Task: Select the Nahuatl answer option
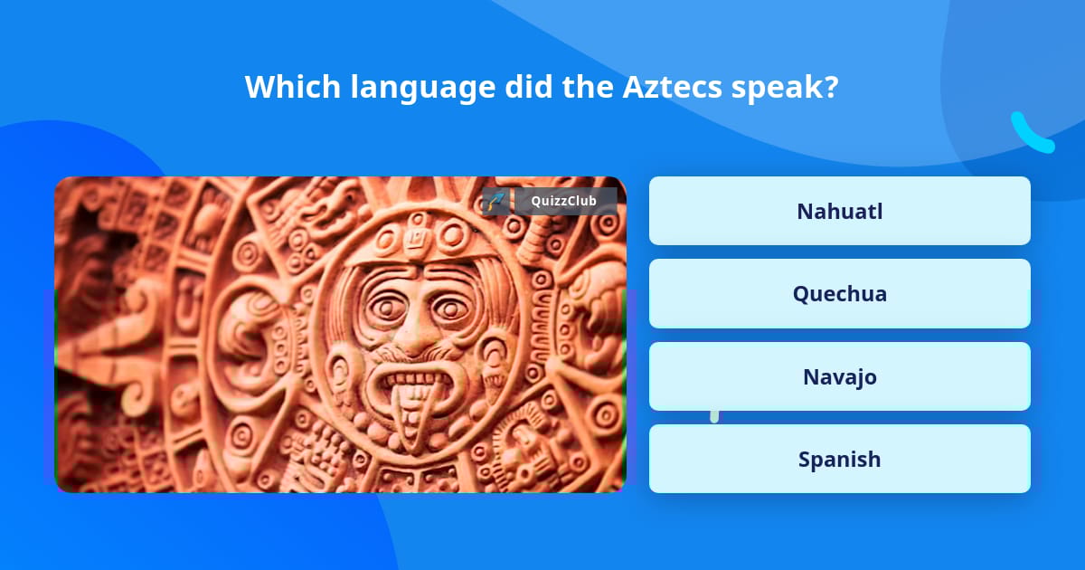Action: [839, 211]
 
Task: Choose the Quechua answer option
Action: [839, 293]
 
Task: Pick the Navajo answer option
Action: [839, 376]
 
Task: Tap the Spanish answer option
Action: [839, 459]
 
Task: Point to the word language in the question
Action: [423, 89]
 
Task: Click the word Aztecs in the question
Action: [672, 87]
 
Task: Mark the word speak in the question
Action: [777, 89]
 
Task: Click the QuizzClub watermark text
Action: [565, 201]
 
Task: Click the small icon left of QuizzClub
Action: [495, 201]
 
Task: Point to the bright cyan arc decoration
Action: [1031, 135]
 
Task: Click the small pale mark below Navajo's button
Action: [714, 416]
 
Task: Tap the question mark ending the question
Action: [831, 87]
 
